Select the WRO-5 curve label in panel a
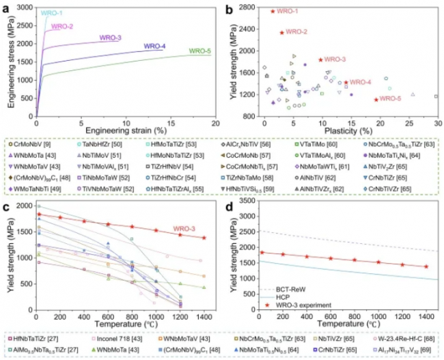tap(199, 51)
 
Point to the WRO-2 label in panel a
tap(62, 27)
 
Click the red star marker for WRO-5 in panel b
tap(376, 100)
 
